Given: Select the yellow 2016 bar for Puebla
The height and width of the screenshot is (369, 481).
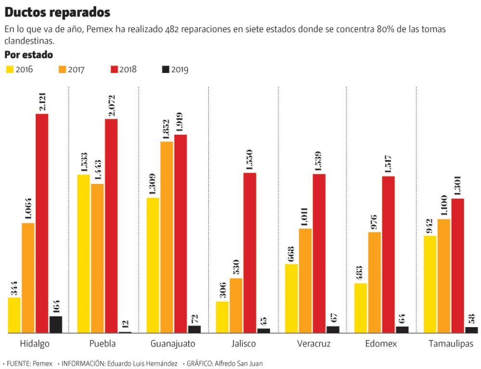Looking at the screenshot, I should pyautogui.click(x=83, y=254).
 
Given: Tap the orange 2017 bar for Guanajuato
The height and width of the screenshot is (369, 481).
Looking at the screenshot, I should pyautogui.click(x=167, y=237).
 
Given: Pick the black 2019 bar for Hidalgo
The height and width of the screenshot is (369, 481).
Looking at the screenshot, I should pyautogui.click(x=56, y=325).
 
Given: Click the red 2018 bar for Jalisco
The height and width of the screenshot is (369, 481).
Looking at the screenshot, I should pyautogui.click(x=250, y=253).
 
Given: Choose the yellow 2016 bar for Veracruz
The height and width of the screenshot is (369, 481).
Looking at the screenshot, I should pyautogui.click(x=292, y=298).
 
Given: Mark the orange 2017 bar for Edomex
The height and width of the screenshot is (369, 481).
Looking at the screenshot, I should pyautogui.click(x=375, y=282).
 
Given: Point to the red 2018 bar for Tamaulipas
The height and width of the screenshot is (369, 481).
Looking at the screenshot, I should pyautogui.click(x=457, y=266).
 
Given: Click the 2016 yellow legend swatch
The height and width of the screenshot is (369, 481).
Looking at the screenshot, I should pyautogui.click(x=9, y=69).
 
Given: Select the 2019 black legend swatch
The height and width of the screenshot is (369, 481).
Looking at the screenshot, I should pyautogui.click(x=166, y=70).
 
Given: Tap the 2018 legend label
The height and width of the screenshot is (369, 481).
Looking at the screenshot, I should pyautogui.click(x=128, y=70).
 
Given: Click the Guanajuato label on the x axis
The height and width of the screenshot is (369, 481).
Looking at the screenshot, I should pyautogui.click(x=173, y=344).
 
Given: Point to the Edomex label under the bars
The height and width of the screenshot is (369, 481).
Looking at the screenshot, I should pyautogui.click(x=380, y=344).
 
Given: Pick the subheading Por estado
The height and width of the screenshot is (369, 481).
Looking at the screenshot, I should pyautogui.click(x=28, y=55).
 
